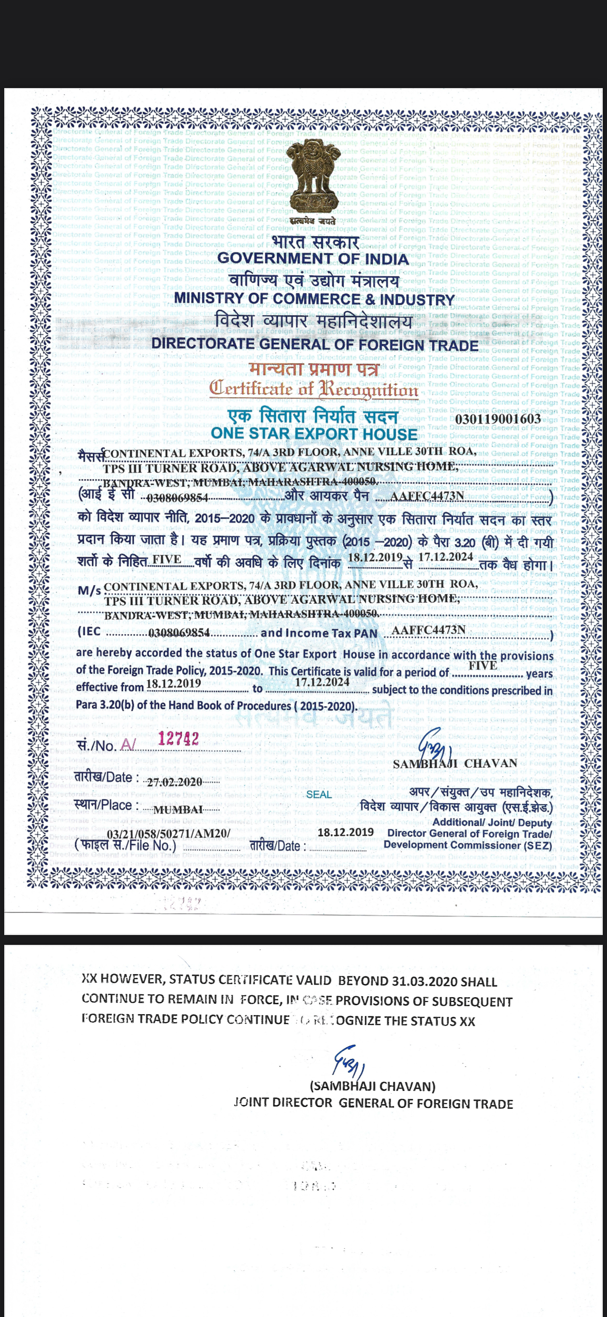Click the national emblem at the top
312,179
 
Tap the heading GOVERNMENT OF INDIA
313,259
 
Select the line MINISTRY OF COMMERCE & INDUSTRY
314,299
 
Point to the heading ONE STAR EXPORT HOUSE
314,433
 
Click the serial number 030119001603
498,419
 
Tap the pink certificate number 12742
178,739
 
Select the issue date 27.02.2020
174,782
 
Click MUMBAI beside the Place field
178,810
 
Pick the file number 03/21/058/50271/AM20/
168,834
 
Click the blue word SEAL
319,795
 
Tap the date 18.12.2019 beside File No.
345,832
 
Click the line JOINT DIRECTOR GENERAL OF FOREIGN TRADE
374,1103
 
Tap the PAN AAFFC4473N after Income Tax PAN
428,630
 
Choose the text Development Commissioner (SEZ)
468,845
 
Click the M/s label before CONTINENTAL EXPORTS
89,591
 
